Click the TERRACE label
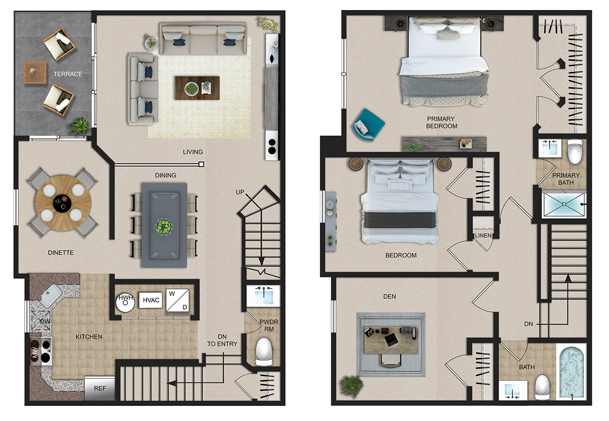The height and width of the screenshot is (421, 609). pos(67,74)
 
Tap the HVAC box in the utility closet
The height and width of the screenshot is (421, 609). pos(151,300)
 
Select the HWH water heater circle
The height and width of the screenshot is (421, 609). pos(125,302)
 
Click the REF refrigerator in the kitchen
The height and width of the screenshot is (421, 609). pos(99,389)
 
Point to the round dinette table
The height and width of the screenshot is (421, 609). pos(63,203)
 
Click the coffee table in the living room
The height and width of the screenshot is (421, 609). pos(197,88)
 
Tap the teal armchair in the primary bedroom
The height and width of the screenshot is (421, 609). pos(368,124)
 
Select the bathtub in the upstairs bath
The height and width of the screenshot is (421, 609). pos(571,371)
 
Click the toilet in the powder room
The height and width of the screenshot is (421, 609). pos(264,352)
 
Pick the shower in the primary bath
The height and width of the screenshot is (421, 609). pos(564,204)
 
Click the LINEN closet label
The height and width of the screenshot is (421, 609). pos(483,235)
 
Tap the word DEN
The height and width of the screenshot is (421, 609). pos(390,297)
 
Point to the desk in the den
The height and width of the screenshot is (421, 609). pos(391,340)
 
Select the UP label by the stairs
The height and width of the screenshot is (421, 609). pos(240,192)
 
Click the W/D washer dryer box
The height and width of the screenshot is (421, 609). pos(178,300)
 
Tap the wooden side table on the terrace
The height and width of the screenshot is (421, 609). pos(35,72)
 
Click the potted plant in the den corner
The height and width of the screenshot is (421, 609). pos(352,386)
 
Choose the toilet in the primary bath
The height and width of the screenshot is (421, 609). pos(574,151)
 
